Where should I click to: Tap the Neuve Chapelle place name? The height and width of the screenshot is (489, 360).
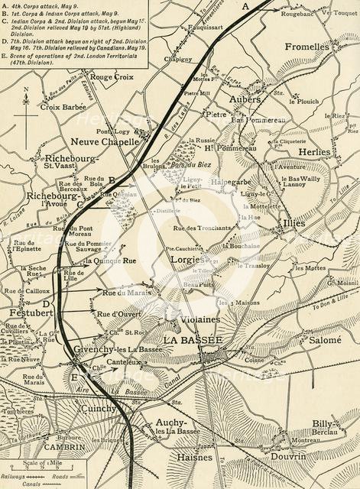105,141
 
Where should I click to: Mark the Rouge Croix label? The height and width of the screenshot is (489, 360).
112,77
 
